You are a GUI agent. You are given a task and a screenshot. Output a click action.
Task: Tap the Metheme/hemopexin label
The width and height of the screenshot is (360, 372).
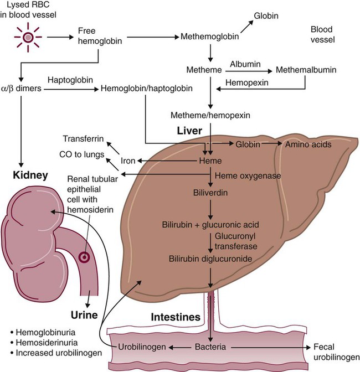tap(210, 115)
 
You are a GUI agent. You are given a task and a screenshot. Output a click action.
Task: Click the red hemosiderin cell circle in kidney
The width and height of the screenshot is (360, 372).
tap(84, 257)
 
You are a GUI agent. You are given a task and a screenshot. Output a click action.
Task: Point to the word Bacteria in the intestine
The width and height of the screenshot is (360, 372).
tap(210, 347)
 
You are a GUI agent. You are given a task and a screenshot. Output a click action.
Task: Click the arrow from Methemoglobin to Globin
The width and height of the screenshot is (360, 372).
tap(246, 25)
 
